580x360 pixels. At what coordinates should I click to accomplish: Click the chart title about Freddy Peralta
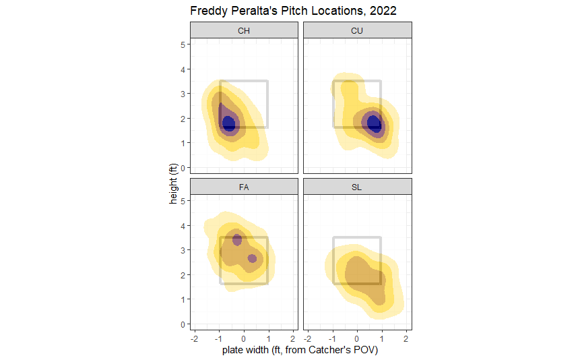pyautogui.click(x=293, y=11)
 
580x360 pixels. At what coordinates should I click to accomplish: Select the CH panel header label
pyautogui.click(x=244, y=30)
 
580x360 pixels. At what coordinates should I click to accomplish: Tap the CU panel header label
pyautogui.click(x=357, y=30)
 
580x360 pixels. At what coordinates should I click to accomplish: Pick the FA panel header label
pyautogui.click(x=244, y=187)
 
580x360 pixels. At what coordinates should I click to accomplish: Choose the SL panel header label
pyautogui.click(x=357, y=187)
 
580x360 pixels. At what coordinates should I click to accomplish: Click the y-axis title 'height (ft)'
pyautogui.click(x=174, y=181)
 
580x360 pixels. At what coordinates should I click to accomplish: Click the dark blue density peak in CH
pyautogui.click(x=229, y=123)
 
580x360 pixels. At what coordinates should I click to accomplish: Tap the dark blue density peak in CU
pyautogui.click(x=374, y=123)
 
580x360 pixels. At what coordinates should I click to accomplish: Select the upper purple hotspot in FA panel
pyautogui.click(x=236, y=239)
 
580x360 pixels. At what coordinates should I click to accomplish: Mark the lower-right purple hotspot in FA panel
pyautogui.click(x=252, y=258)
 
